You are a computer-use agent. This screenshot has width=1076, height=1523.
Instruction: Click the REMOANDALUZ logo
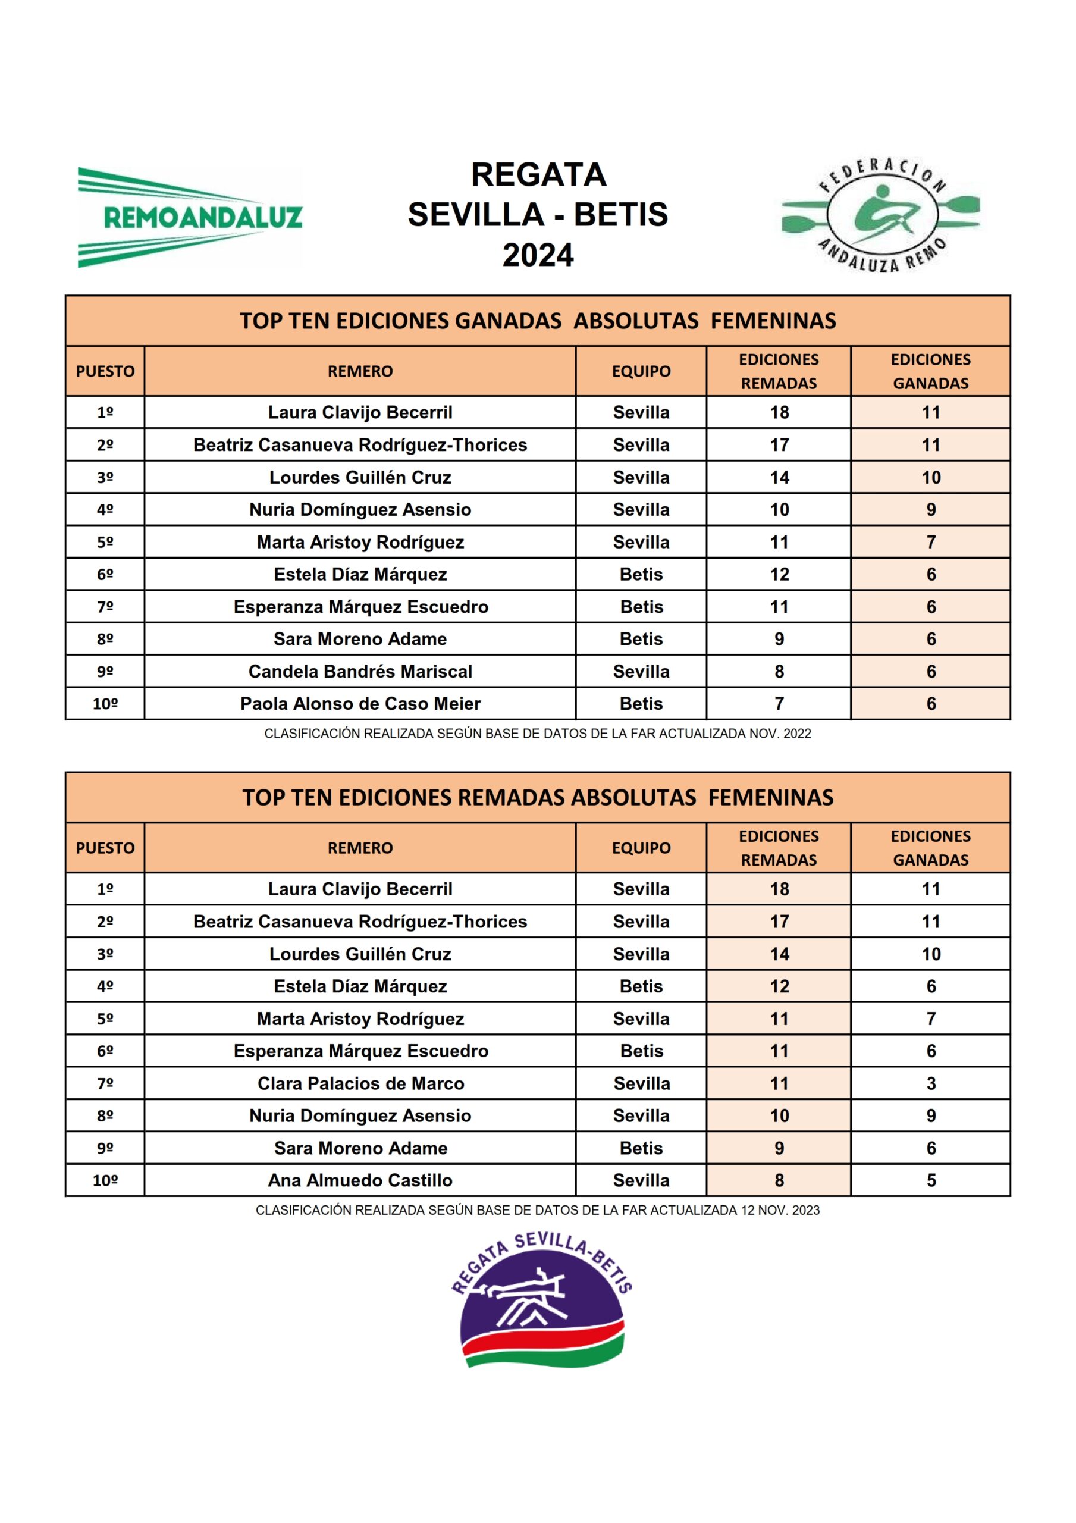[190, 217]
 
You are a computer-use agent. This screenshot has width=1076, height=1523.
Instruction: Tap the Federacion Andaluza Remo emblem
[880, 215]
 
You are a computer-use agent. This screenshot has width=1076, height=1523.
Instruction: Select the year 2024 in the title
[537, 255]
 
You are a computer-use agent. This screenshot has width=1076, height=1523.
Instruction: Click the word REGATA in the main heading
[538, 175]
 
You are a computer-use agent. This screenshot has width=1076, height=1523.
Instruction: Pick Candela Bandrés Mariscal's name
[360, 671]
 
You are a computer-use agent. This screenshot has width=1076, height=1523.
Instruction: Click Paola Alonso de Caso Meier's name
[360, 704]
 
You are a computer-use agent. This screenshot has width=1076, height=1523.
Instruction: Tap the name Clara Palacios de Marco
[360, 1083]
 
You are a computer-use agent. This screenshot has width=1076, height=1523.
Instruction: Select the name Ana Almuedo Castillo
[360, 1181]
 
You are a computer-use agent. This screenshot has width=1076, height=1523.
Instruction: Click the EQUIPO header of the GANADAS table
[641, 371]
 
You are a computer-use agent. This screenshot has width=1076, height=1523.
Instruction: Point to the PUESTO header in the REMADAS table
[105, 848]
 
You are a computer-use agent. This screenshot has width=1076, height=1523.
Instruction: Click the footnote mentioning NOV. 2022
[537, 734]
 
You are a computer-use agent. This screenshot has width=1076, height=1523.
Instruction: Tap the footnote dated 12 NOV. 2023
[537, 1211]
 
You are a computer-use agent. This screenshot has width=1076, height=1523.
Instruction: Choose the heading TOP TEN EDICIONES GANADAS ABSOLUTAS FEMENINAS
[537, 321]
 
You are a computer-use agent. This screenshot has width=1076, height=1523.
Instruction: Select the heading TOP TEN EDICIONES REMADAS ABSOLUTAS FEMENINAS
[537, 797]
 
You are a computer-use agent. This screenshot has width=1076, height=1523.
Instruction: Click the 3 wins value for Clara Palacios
[931, 1083]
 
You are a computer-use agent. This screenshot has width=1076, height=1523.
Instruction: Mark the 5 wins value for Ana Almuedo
[931, 1181]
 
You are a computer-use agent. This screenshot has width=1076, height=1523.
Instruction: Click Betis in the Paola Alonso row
[641, 704]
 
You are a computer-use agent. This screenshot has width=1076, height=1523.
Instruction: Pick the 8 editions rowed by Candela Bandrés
[779, 671]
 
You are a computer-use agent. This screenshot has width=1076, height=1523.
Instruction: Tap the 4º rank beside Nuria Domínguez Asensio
[105, 509]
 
